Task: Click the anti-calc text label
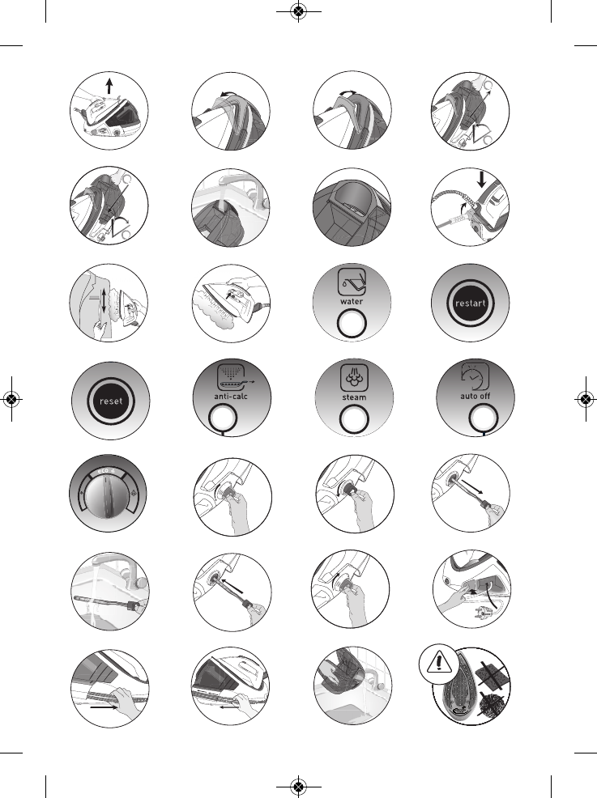pos(230,397)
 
